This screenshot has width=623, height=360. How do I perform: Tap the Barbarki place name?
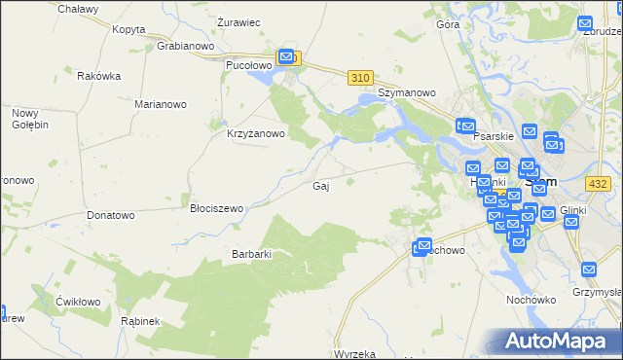(x=250, y=254)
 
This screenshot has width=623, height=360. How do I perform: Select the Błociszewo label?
(x=216, y=207)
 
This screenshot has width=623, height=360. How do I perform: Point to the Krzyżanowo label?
(x=255, y=134)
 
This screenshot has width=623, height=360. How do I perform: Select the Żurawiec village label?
(x=238, y=21)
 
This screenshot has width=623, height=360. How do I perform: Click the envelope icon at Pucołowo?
(x=287, y=57)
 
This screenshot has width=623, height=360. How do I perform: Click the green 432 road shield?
(x=598, y=183)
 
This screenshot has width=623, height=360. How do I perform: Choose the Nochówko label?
(x=530, y=300)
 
